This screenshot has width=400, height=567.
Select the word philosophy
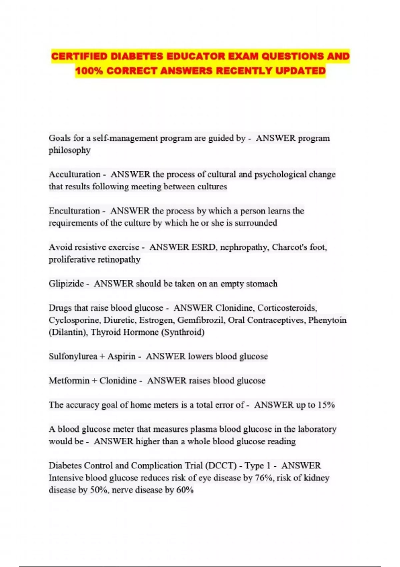point(70,150)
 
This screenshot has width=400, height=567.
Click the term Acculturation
point(75,174)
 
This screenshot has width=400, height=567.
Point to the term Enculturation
point(74,211)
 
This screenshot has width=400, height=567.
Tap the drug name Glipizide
point(66,284)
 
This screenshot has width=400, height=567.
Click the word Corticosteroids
point(287,308)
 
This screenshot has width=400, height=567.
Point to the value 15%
point(326,405)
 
